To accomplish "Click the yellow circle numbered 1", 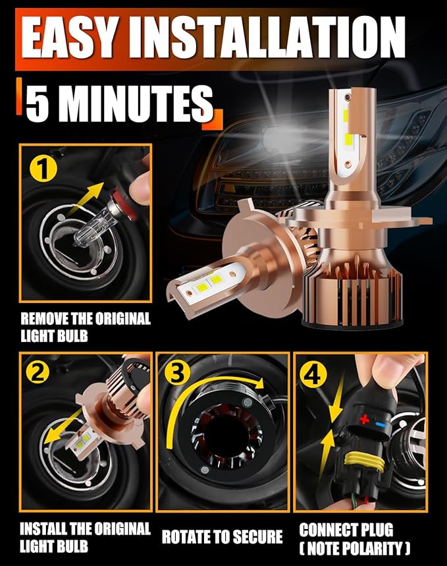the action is point(43,168).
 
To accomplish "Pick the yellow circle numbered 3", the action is point(177,372).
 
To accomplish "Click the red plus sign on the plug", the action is point(365,420).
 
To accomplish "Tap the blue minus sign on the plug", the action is point(381,424).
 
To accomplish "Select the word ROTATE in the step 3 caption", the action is point(183,536).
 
